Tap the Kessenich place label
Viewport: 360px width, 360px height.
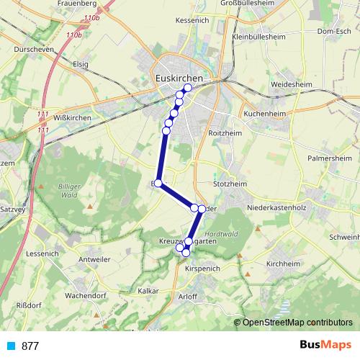coord(192,20)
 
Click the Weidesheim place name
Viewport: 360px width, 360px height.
coord(290,84)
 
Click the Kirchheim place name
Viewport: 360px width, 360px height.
coord(282,264)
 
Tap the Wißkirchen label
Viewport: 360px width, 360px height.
coord(72,117)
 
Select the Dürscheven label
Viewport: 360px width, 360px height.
coord(35,50)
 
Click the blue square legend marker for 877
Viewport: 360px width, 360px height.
coord(10,346)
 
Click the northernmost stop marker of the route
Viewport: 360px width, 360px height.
coord(188,88)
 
